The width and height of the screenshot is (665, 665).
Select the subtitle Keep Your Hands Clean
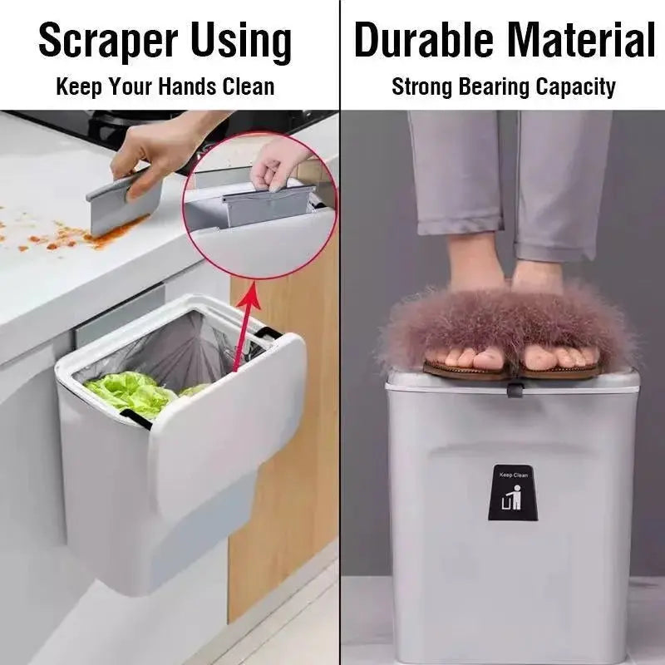coord(165,86)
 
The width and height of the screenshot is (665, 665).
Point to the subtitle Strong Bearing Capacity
coord(504,86)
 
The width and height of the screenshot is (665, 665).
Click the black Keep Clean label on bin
coord(510,493)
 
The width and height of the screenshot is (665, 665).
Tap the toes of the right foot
coord(565,357)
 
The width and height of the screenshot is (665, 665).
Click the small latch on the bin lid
coord(515,384)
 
